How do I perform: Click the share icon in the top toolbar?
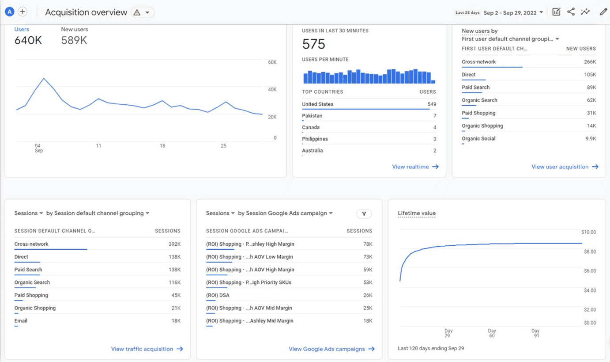571,12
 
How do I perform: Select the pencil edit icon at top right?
603,12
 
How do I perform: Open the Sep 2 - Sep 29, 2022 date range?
513,13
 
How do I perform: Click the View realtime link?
415,167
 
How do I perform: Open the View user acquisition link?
565,167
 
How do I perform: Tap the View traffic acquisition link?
147,349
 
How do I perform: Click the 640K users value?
28,41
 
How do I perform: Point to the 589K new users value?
74,41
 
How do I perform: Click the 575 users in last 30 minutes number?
313,44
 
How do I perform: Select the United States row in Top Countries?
317,104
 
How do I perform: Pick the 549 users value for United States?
431,104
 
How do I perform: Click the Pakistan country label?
312,116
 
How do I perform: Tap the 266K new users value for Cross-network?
589,62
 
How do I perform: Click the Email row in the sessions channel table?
21,320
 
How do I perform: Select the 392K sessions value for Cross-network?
174,244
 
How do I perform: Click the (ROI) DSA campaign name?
218,295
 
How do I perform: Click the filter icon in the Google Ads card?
364,214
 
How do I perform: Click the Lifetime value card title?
416,213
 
